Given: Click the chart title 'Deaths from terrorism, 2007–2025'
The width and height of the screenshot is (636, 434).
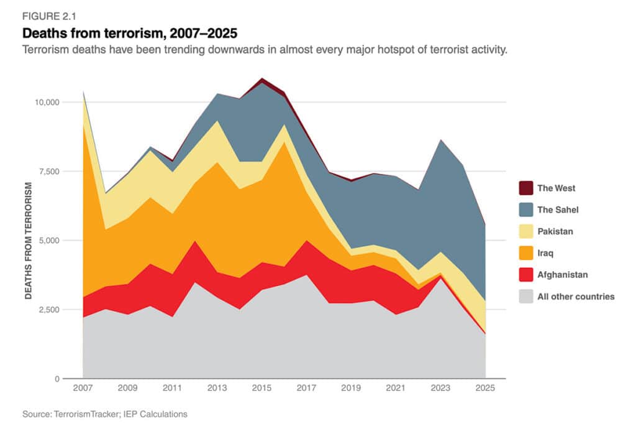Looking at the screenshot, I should (x=130, y=32).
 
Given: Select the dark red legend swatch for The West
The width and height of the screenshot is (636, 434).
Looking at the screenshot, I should (x=525, y=188).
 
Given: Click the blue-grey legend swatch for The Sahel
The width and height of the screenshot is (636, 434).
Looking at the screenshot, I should (x=525, y=210).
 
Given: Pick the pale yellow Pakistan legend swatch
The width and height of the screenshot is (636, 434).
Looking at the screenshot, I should (x=525, y=231).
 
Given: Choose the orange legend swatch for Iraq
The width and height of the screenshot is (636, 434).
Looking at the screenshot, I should (x=525, y=253).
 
